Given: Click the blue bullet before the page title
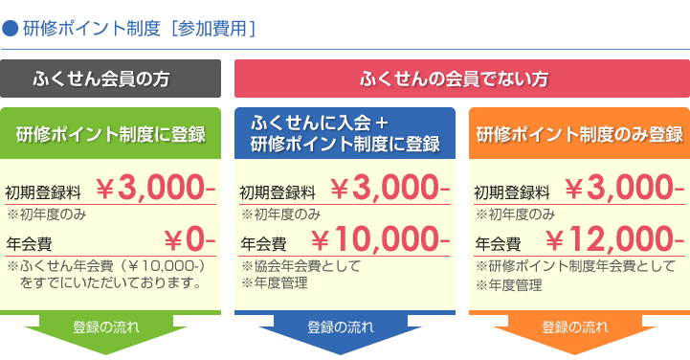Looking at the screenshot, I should click(x=11, y=28).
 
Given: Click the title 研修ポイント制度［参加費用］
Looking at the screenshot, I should click(x=138, y=28).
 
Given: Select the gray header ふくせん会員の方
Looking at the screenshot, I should click(x=110, y=79).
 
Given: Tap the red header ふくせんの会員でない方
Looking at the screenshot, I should click(x=462, y=79).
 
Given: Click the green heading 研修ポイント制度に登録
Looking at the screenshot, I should click(x=110, y=133).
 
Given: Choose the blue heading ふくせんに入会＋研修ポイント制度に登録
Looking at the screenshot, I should click(x=345, y=134).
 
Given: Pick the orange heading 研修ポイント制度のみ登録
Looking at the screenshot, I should click(x=579, y=133).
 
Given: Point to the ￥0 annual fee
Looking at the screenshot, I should click(x=189, y=238).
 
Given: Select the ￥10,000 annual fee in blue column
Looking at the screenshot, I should click(x=380, y=238).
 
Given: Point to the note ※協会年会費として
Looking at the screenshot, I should click(x=300, y=266).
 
